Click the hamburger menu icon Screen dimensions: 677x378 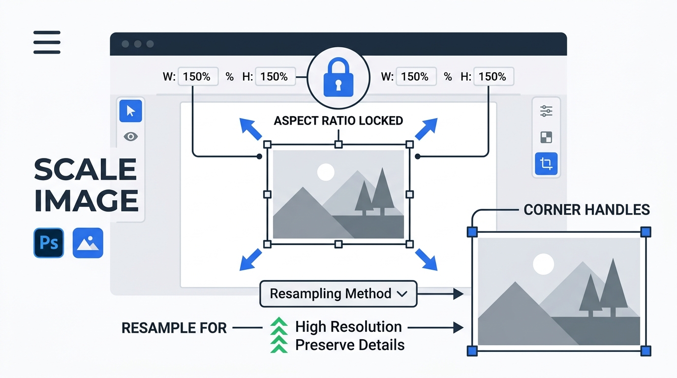coord(47,42)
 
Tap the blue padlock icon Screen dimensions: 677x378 coord(338,78)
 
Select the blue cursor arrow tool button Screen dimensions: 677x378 coord(130,111)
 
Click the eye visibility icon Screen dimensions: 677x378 coord(130,137)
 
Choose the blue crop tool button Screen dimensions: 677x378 coord(546,163)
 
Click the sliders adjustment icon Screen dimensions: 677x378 coord(546,111)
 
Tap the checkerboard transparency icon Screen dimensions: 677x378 coord(546,137)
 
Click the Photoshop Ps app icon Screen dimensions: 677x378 coord(49,243)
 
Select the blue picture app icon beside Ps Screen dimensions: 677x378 coord(88,243)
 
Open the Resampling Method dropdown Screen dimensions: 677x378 coord(338,294)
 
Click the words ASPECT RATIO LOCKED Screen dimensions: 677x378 coord(338,121)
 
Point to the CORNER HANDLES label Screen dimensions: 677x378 coord(586,210)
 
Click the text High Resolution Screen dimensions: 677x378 coord(348,327)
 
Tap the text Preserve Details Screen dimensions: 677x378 coord(350,345)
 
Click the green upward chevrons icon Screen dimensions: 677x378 coord(278,335)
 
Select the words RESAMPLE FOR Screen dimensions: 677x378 coord(174,328)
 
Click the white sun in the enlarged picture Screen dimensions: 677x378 coord(543,264)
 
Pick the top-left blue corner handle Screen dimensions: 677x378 coord(472,232)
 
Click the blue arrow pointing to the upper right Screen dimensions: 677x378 coord(426,129)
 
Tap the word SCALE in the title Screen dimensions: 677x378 coord(85,169)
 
